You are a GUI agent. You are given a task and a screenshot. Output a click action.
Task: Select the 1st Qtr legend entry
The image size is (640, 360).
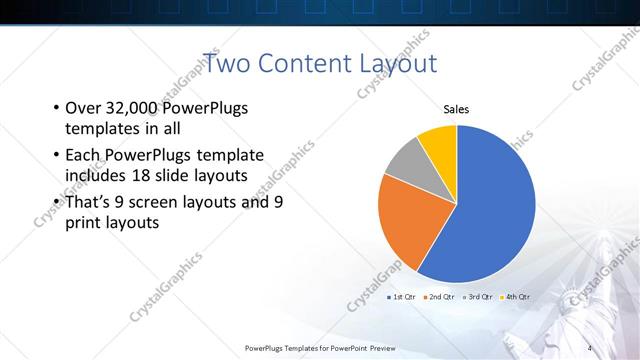point(402,297)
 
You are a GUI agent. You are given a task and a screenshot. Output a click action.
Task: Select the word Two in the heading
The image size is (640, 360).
point(225,64)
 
